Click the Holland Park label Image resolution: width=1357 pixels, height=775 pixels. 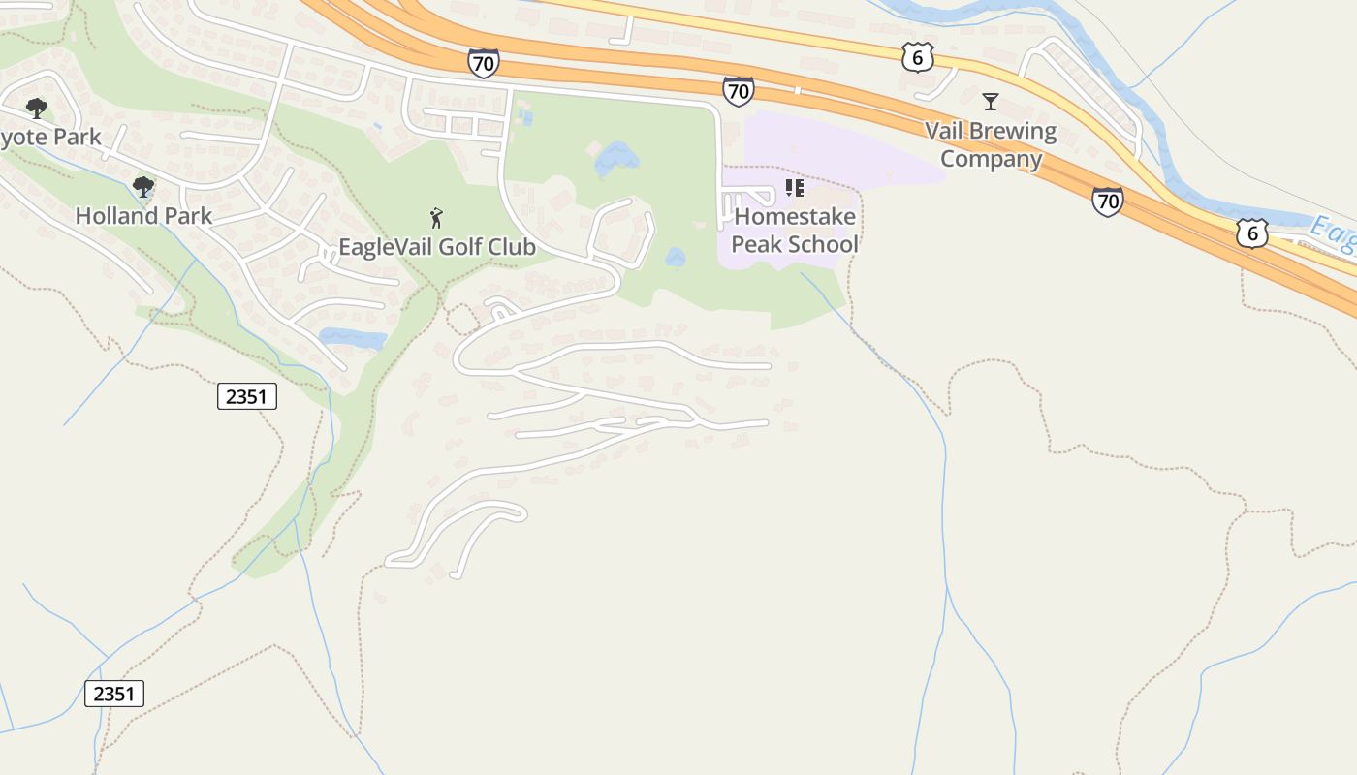(x=143, y=215)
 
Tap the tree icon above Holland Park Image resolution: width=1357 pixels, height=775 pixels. (x=143, y=186)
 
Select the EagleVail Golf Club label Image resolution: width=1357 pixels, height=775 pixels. (x=436, y=246)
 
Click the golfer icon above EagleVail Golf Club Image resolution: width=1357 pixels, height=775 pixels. (x=436, y=218)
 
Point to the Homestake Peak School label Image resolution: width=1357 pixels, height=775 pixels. (x=795, y=231)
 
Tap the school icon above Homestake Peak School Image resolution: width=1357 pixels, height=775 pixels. (x=795, y=188)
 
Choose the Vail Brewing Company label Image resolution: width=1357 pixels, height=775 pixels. (x=991, y=144)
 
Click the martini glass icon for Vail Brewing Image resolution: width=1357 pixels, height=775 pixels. (x=990, y=101)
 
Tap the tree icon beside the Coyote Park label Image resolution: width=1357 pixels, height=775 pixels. (x=37, y=108)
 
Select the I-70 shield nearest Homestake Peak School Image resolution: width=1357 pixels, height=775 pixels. (x=739, y=91)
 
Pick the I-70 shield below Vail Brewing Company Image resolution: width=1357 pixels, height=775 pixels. (x=1107, y=201)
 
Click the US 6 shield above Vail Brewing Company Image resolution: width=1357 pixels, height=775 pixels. (x=917, y=57)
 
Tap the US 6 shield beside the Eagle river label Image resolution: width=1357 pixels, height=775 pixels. (x=1252, y=232)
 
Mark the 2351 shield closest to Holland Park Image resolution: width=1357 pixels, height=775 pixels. (x=246, y=395)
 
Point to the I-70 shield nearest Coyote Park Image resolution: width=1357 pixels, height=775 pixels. (x=483, y=64)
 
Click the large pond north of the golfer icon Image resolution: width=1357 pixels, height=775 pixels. (x=615, y=157)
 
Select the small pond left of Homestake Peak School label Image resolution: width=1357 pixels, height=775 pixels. (x=676, y=258)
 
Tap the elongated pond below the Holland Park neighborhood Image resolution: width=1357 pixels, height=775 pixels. (x=353, y=339)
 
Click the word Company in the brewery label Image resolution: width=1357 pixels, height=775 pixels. (x=991, y=159)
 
